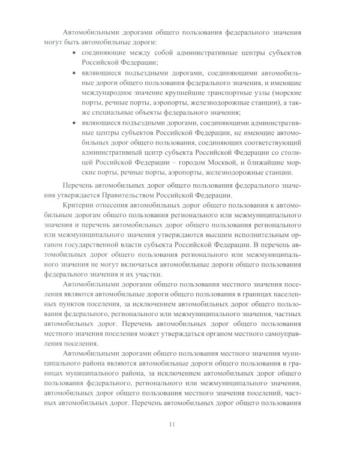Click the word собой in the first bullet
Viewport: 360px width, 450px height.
156,53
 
